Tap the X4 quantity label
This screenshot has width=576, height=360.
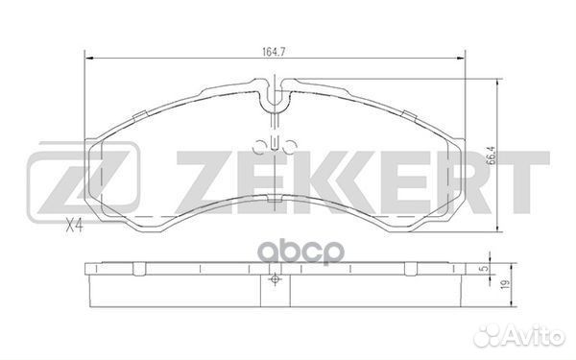click(x=73, y=228)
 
